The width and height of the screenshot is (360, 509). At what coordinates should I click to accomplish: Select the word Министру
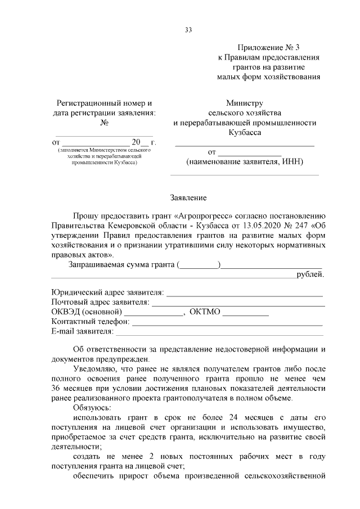pyautogui.click(x=245, y=103)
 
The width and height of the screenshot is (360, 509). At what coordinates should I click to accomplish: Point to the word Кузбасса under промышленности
pyautogui.click(x=245, y=133)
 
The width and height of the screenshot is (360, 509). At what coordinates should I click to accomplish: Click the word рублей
pyautogui.click(x=310, y=274)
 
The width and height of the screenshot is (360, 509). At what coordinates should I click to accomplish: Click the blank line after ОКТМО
pyautogui.click(x=245, y=313)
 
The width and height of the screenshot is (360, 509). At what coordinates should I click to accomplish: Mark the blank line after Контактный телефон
pyautogui.click(x=227, y=323)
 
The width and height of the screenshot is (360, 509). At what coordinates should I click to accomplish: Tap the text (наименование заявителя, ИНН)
pyautogui.click(x=245, y=162)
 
